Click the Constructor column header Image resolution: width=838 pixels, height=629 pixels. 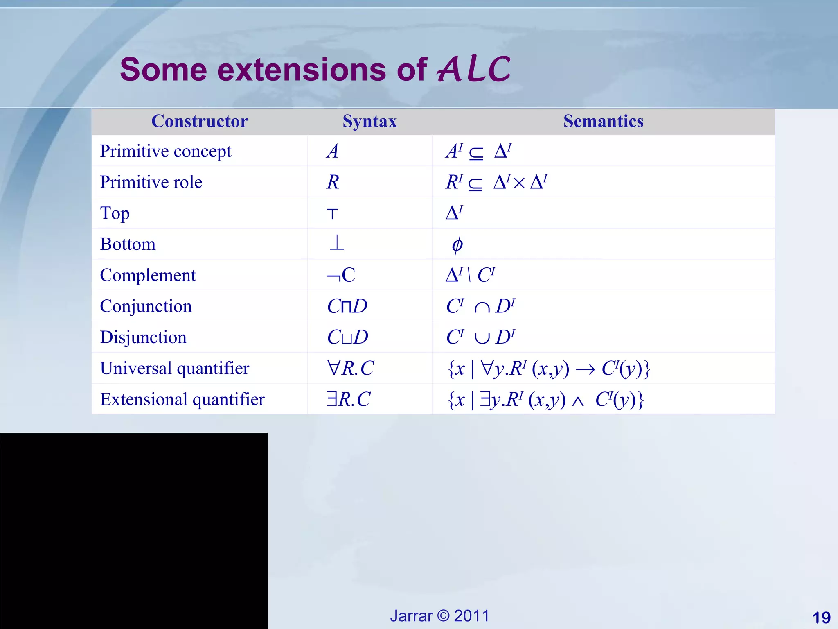point(199,121)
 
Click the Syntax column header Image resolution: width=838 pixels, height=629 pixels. point(369,121)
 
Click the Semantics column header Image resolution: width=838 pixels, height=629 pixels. point(603,121)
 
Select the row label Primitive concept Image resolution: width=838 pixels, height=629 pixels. point(165,151)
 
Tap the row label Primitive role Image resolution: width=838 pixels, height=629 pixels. point(151,182)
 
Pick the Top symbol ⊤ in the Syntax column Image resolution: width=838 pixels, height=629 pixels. point(332,214)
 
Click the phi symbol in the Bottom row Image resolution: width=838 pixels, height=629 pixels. point(457,245)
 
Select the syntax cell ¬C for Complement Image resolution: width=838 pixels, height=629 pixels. point(341,275)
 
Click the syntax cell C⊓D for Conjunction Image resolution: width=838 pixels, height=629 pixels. point(347,306)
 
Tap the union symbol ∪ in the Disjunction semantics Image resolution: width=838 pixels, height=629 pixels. point(482,338)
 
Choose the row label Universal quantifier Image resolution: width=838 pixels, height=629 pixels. point(174,368)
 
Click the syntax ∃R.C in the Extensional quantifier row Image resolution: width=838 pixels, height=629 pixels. point(348,399)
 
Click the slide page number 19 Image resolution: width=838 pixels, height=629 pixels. point(821,618)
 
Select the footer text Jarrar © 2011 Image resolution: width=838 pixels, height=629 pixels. point(439,616)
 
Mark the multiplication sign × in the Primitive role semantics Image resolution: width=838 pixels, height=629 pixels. point(518,183)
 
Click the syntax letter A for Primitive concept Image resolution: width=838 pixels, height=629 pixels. point(333,151)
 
